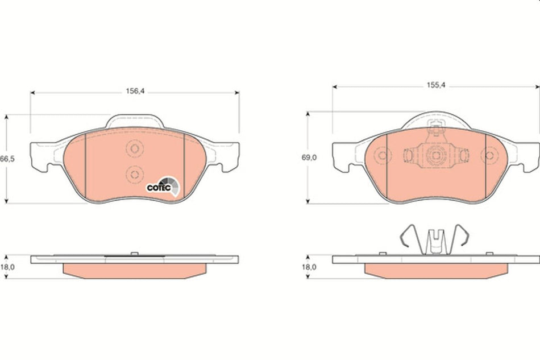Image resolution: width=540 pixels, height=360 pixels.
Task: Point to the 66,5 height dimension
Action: [7, 159]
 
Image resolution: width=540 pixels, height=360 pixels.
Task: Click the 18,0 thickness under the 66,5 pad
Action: [7, 266]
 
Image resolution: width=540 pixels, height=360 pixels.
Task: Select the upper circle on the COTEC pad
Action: [134, 148]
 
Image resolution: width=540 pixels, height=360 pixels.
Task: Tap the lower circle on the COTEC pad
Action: [134, 173]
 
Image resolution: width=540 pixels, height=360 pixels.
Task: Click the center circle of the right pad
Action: [435, 155]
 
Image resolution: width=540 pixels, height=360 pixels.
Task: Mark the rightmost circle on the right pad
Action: [489, 155]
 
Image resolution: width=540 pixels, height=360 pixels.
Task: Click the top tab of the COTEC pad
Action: [135, 121]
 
